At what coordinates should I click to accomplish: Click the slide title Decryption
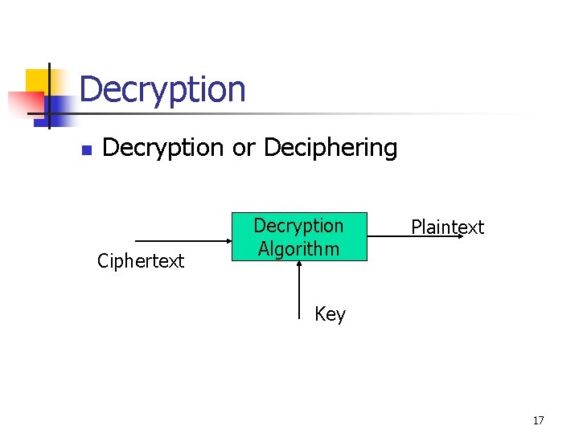pyautogui.click(x=162, y=89)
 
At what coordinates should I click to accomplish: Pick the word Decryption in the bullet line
pyautogui.click(x=163, y=148)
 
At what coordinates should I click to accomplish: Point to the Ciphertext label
pyautogui.click(x=141, y=260)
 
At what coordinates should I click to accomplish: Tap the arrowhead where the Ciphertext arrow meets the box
pyautogui.click(x=228, y=241)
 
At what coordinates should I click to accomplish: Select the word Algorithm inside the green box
pyautogui.click(x=298, y=248)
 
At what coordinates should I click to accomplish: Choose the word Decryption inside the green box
pyautogui.click(x=298, y=226)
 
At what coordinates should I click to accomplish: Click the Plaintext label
pyautogui.click(x=447, y=227)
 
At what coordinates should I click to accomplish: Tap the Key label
pyautogui.click(x=330, y=314)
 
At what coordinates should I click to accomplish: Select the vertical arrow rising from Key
pyautogui.click(x=298, y=285)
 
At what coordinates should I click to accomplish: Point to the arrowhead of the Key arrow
pyautogui.click(x=298, y=264)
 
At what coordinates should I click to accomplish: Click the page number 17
pyautogui.click(x=538, y=420)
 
